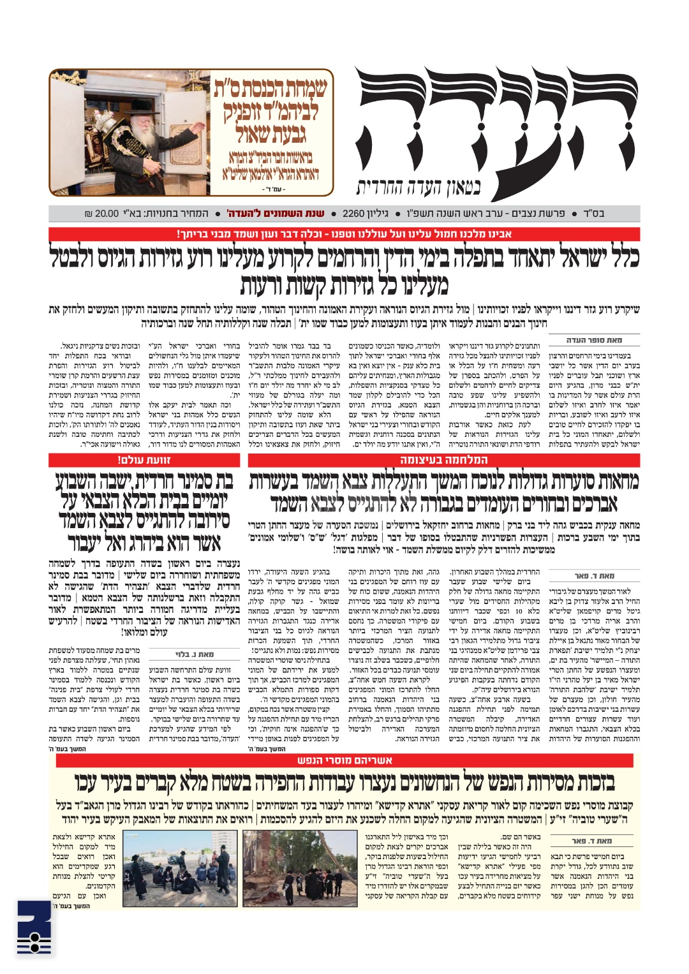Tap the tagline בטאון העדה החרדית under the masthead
[418, 187]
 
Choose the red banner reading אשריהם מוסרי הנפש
[345, 760]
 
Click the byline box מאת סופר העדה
[594, 341]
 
